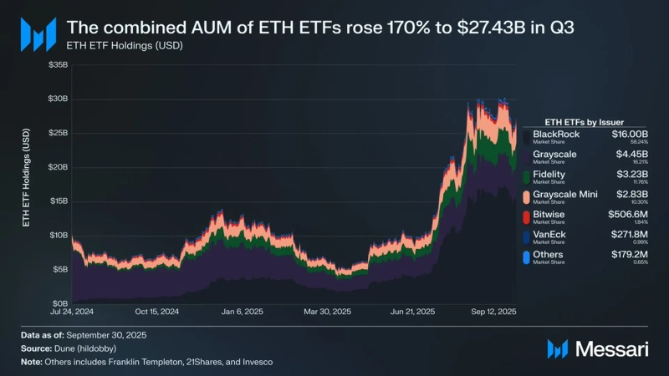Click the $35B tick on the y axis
pos(58,64)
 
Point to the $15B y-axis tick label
pos(58,201)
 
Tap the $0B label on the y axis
pos(60,303)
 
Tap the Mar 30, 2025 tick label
pos(328,312)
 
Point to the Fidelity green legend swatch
pos(525,176)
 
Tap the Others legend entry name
pos(548,254)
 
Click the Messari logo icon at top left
pos(38,33)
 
